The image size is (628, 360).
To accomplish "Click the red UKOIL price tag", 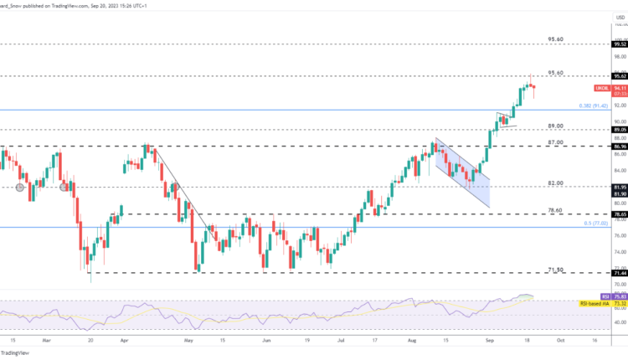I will [x=601, y=87].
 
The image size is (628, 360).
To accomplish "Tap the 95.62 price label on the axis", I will [x=620, y=75].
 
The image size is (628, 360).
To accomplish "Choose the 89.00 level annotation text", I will [x=555, y=126].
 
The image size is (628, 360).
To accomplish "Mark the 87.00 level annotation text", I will [x=555, y=142].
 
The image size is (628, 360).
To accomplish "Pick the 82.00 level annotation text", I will [x=555, y=183].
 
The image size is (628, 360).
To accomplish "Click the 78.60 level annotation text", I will [x=555, y=211].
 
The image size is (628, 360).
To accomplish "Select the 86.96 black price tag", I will [x=620, y=146].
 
